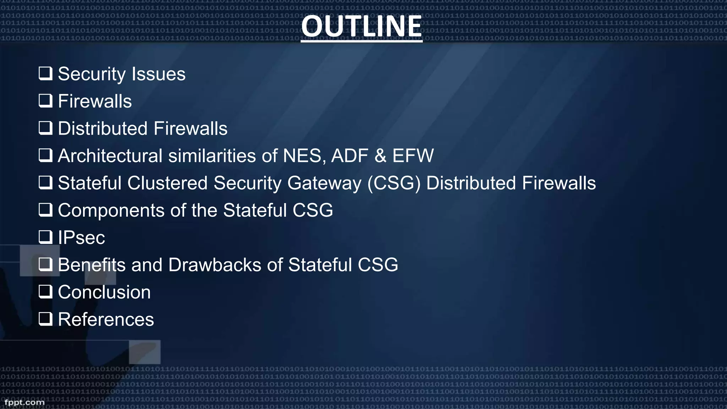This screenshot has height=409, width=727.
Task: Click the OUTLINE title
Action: [x=361, y=27]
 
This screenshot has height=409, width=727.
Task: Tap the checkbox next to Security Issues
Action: [x=45, y=73]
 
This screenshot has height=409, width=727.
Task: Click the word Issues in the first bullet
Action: [x=158, y=74]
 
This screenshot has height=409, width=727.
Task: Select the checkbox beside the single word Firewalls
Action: [x=45, y=101]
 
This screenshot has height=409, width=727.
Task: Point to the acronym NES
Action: [x=302, y=156]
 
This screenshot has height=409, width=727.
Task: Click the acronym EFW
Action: [x=413, y=156]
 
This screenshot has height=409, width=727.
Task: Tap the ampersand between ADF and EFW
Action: [x=380, y=156]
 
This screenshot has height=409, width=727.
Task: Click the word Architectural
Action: [x=110, y=156]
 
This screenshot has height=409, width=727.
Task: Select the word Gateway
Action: [x=324, y=184]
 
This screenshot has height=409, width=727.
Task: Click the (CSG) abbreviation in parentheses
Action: [x=394, y=184]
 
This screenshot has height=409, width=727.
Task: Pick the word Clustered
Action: [x=167, y=183]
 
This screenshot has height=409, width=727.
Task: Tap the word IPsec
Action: [x=81, y=238]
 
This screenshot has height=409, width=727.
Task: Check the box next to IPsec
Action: [x=45, y=237]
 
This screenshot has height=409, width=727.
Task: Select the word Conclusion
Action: [x=104, y=292]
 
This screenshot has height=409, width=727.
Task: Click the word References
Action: [x=106, y=320]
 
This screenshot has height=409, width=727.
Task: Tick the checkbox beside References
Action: [x=45, y=319]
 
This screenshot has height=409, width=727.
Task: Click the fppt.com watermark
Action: [x=24, y=402]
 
